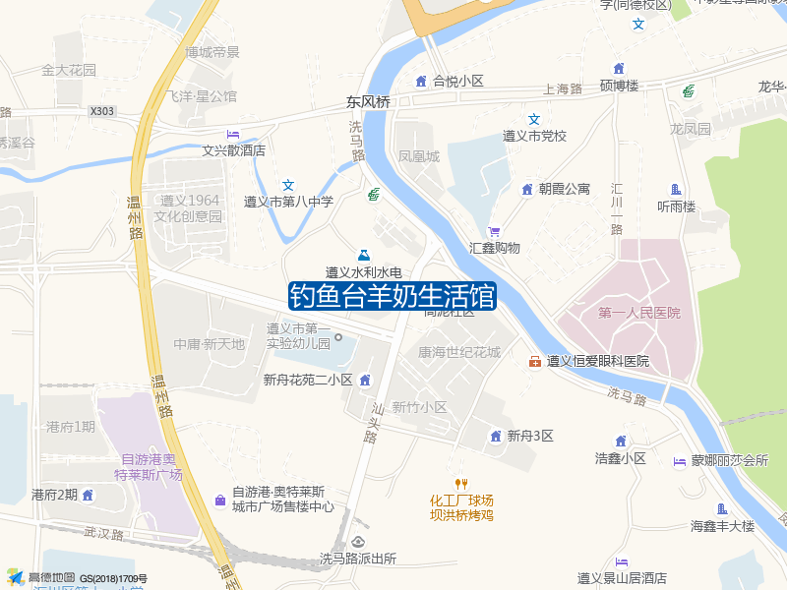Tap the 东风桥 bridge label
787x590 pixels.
[368, 102]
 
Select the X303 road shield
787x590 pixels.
[102, 112]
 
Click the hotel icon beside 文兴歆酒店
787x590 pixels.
[233, 134]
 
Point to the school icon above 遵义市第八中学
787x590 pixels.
[288, 185]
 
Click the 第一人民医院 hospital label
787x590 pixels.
[638, 313]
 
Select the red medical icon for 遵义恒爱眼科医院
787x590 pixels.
[535, 362]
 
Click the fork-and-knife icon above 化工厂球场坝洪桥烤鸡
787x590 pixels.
[460, 483]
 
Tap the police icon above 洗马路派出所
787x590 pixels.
[357, 542]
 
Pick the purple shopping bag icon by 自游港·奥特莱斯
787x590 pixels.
[218, 500]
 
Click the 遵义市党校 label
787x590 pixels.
[535, 136]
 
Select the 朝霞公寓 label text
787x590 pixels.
[564, 189]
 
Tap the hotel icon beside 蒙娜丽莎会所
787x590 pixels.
[679, 461]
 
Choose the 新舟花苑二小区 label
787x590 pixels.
[307, 381]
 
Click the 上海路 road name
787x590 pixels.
[563, 88]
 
